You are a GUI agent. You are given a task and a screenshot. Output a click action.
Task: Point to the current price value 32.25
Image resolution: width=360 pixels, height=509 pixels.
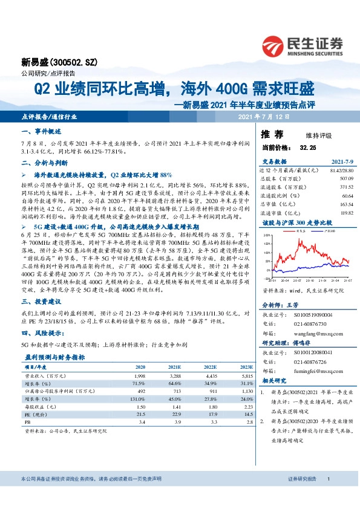(x=308, y=147)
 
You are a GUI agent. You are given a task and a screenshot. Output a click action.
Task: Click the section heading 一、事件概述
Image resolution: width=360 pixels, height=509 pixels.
(x=38, y=131)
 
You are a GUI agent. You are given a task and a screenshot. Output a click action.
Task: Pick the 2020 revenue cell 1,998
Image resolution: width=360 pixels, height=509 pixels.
(x=139, y=375)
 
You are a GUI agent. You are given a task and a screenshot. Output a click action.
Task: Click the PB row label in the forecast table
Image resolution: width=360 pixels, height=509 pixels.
(x=28, y=423)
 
